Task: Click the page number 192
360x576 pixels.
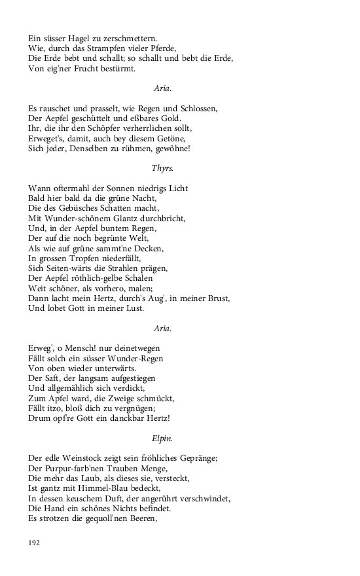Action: click(35, 543)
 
